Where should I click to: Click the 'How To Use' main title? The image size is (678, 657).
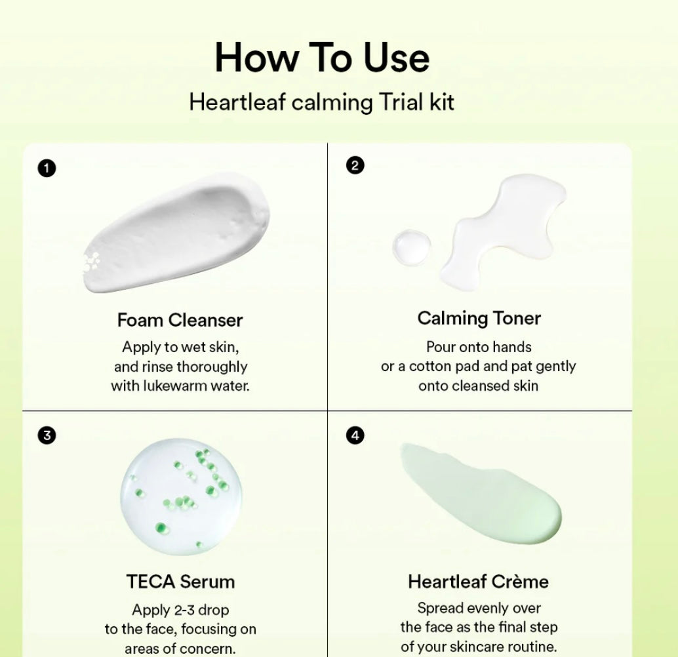pyautogui.click(x=322, y=57)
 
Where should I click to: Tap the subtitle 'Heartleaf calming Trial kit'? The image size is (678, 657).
pyautogui.click(x=321, y=102)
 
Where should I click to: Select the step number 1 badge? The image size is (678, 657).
pyautogui.click(x=46, y=169)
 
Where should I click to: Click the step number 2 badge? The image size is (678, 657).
pyautogui.click(x=354, y=166)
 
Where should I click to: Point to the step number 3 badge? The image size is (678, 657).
pyautogui.click(x=46, y=435)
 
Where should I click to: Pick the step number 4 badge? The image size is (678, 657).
pyautogui.click(x=354, y=435)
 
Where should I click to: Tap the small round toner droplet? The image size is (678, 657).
pyautogui.click(x=412, y=247)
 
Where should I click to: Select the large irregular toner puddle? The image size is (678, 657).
pyautogui.click(x=502, y=229)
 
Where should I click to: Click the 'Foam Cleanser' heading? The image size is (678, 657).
pyautogui.click(x=180, y=320)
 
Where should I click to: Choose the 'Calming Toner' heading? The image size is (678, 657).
pyautogui.click(x=479, y=319)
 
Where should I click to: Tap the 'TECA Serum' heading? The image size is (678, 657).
pyautogui.click(x=180, y=582)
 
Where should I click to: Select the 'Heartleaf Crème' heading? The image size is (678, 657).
pyautogui.click(x=478, y=582)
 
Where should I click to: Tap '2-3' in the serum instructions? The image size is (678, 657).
pyautogui.click(x=185, y=610)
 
